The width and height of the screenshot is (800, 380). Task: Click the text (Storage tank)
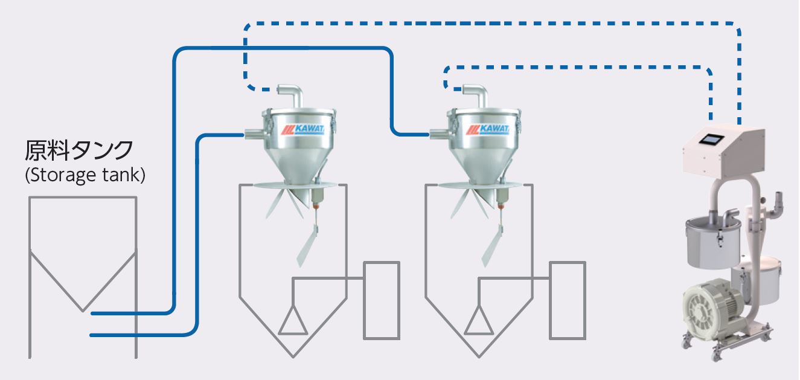(x=85, y=176)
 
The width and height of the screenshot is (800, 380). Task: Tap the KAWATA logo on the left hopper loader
(x=302, y=129)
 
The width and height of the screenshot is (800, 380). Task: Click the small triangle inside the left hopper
(x=293, y=321)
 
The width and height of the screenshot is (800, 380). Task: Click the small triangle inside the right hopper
(x=479, y=321)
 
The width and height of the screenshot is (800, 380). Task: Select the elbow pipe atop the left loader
(x=292, y=95)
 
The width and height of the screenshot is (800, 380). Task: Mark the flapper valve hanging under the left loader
(x=309, y=245)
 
